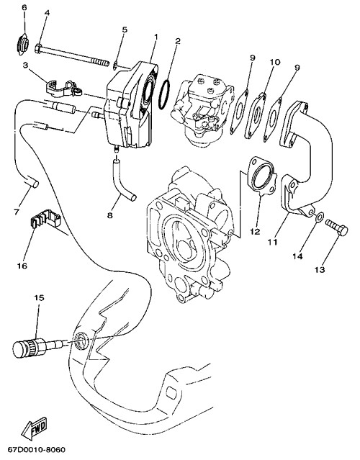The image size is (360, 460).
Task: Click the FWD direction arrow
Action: click(35, 428)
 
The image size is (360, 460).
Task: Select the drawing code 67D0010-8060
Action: click(37, 450)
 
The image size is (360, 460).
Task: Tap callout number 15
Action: click(39, 298)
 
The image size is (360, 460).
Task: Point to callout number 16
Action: click(22, 266)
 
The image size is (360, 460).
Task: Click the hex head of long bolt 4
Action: click(38, 48)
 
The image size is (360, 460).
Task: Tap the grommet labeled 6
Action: click(22, 45)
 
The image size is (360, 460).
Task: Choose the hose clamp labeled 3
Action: click(63, 89)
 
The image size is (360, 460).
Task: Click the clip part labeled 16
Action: click(46, 219)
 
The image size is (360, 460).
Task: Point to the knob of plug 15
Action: click(21, 348)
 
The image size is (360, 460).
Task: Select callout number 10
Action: click(275, 62)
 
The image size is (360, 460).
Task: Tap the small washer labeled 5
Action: click(115, 65)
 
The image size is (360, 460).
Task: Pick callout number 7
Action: click(17, 212)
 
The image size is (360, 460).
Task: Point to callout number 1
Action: click(156, 37)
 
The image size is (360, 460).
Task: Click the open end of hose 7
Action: click(35, 184)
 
